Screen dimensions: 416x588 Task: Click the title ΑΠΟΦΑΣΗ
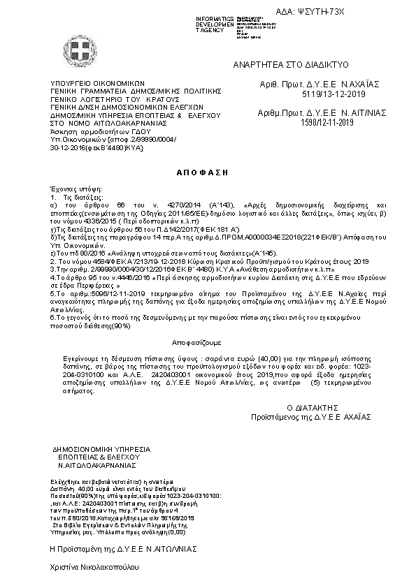208,172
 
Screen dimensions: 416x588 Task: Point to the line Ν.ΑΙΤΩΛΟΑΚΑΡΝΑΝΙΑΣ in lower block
97,464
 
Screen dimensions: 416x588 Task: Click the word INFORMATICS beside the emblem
215,17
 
